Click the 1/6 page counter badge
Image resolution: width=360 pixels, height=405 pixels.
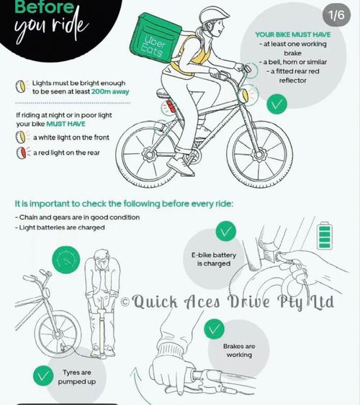point(336,15)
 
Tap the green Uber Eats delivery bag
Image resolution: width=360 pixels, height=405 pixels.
point(156,37)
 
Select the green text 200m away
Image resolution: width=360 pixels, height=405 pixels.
point(110,91)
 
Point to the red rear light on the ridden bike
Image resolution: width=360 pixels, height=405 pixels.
point(171,106)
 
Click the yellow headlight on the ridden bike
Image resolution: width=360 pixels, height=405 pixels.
point(245,95)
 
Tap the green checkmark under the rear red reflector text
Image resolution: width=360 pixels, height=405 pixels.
point(276,104)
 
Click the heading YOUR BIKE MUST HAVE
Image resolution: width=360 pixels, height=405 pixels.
point(293,35)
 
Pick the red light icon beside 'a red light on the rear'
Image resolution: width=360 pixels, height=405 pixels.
point(22,153)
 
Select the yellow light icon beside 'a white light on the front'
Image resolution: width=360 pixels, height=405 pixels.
point(21,137)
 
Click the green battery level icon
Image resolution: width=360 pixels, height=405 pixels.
point(325,235)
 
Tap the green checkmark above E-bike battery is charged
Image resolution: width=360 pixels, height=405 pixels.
point(225,231)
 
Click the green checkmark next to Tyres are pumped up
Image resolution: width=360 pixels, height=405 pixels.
point(43,376)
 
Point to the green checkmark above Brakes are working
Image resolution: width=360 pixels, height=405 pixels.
point(214,329)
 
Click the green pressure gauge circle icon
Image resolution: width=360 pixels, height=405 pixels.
point(66,260)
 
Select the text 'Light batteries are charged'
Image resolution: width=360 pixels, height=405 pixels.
point(62,227)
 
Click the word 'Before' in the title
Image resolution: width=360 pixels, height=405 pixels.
point(45,7)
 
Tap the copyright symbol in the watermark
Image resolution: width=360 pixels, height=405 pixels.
point(125,301)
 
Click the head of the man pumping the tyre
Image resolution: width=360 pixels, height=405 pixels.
point(102,259)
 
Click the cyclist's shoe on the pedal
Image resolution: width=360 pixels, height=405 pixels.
point(181,165)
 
